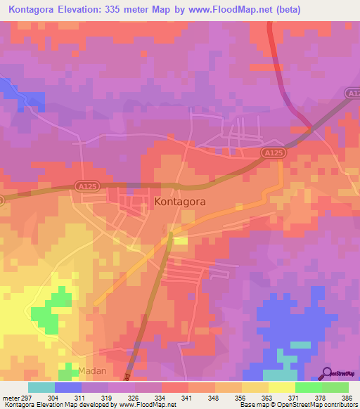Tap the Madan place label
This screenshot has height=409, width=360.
click(x=93, y=370)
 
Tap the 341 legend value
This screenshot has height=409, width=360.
click(x=188, y=397)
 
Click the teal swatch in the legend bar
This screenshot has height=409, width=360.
click(x=41, y=387)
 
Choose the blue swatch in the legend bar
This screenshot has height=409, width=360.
click(x=68, y=387)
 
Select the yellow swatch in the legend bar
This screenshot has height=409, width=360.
click(x=281, y=387)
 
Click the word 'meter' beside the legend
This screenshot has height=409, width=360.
click(x=11, y=397)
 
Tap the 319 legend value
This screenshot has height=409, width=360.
click(x=108, y=397)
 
